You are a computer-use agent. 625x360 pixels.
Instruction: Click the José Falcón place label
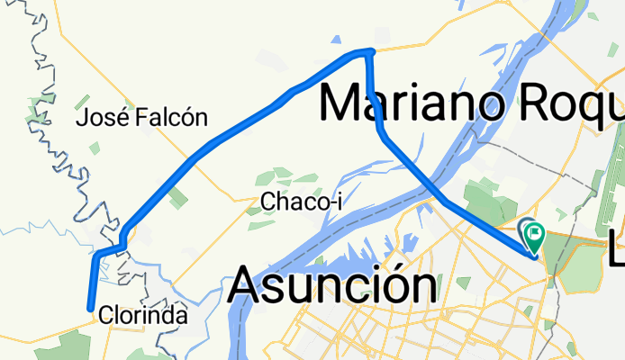(142, 117)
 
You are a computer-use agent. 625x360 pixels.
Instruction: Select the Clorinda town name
(144, 317)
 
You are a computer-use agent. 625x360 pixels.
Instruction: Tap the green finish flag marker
(534, 236)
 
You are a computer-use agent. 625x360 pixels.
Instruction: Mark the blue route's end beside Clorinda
(90, 309)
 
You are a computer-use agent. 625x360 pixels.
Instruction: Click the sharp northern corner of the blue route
(370, 52)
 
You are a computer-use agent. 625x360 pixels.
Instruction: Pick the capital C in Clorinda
(107, 317)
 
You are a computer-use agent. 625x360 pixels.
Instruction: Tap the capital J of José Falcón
(84, 117)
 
